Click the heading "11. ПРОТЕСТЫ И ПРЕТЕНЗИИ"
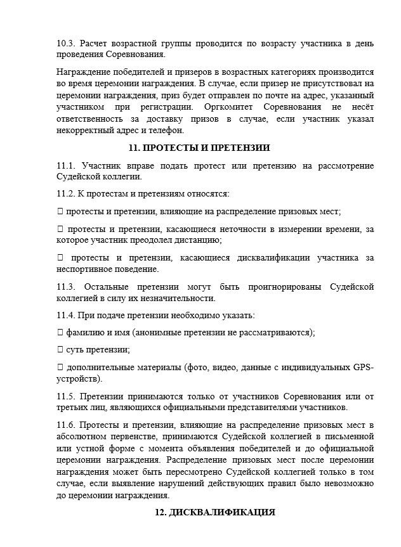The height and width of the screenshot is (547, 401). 199,148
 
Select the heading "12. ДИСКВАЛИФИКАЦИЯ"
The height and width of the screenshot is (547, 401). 215,512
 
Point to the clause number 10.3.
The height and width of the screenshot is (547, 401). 65,44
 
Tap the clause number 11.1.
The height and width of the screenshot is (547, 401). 66,166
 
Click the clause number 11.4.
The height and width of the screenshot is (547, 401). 66,315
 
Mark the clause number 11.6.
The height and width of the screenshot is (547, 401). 66,423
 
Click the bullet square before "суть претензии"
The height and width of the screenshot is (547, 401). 60,349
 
